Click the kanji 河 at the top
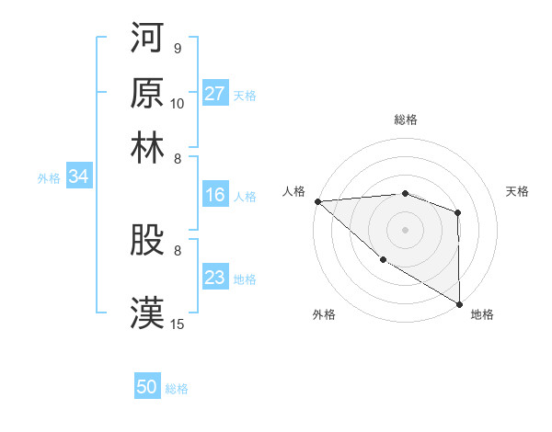click(147, 39)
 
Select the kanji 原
click(147, 92)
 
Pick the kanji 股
click(147, 240)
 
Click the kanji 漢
click(147, 312)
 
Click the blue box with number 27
click(215, 94)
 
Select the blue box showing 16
click(215, 195)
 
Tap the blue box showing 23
click(215, 278)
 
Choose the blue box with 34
click(78, 177)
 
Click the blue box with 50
click(147, 388)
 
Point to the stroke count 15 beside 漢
click(178, 324)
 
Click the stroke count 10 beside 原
click(178, 103)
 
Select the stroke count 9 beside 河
click(177, 49)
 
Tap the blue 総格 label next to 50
click(177, 389)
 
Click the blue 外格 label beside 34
click(48, 178)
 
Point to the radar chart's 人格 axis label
click(294, 191)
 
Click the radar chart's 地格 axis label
click(482, 314)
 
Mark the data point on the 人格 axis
click(317, 201)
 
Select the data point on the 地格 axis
click(458, 303)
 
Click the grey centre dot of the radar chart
click(405, 229)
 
